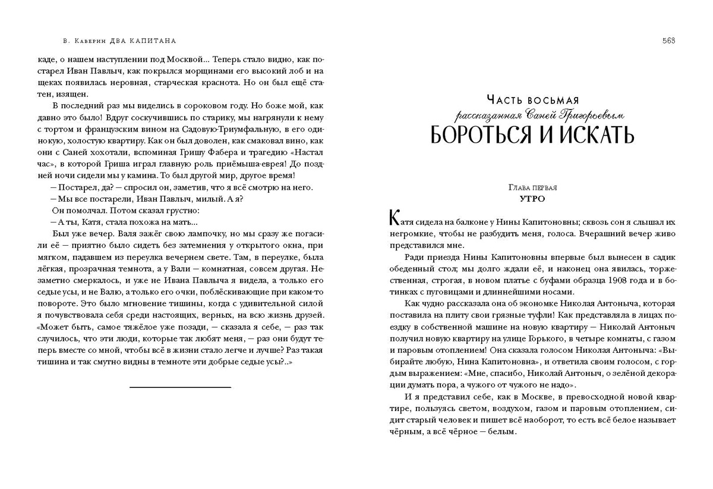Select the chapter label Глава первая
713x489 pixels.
click(x=532, y=188)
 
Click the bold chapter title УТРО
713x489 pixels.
click(x=532, y=199)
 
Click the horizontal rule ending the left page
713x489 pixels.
click(x=180, y=387)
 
